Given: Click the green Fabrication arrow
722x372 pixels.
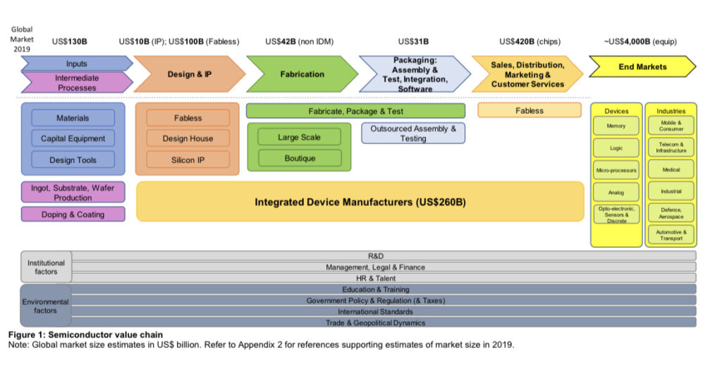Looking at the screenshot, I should [x=302, y=74].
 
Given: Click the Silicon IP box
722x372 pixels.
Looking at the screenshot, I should [x=188, y=160].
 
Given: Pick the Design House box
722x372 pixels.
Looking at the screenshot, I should [x=188, y=138].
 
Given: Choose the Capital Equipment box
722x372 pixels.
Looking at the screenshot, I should [x=73, y=138].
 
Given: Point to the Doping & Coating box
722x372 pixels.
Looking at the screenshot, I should [x=73, y=215].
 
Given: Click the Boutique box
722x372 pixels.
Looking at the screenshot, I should [x=300, y=158].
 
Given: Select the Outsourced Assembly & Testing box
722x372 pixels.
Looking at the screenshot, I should [x=413, y=133].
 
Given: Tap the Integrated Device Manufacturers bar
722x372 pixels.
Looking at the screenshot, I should [x=360, y=203].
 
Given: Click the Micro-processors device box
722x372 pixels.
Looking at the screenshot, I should [x=616, y=170].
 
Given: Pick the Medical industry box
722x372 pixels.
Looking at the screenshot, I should [x=671, y=169].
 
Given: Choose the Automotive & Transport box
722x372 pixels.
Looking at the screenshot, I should [x=671, y=234].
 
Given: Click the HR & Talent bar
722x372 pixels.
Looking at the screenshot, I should [x=384, y=278].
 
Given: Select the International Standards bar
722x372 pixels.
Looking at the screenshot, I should [x=384, y=311].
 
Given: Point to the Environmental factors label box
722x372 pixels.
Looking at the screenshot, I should [x=46, y=306].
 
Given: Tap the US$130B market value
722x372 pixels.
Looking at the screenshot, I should [x=69, y=42].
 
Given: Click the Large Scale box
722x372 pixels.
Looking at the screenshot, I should [x=300, y=137].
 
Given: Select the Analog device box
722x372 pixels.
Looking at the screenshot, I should [x=616, y=191].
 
